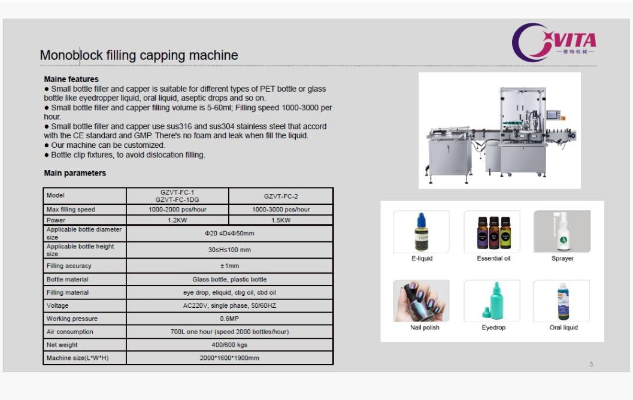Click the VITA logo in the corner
point(554,41)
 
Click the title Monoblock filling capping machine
point(139,56)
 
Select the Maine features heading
point(71,79)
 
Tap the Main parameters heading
point(75,173)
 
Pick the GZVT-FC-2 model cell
point(281,196)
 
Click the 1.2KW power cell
point(177,220)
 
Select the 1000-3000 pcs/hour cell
point(281,210)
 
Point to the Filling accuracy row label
point(69,266)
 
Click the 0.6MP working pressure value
point(229,319)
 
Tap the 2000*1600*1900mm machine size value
point(229,358)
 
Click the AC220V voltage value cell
point(229,305)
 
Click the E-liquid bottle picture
point(422,232)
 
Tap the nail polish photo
point(422,301)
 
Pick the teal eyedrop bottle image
point(493,301)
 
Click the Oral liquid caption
point(564,328)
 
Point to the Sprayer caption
point(562,259)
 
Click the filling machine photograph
point(499,130)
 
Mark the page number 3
point(590,364)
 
